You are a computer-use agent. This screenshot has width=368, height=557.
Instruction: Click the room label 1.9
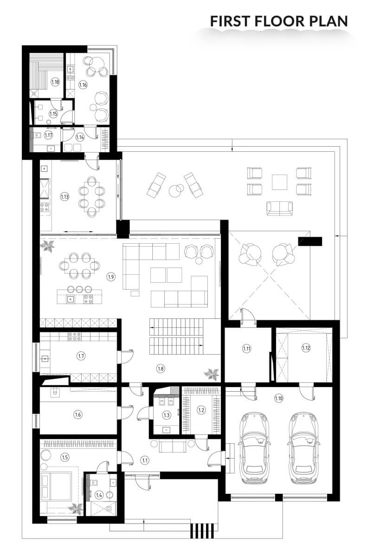111,277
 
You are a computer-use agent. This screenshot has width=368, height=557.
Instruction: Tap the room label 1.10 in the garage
278,398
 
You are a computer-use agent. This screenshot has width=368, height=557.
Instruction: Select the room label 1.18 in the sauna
55,82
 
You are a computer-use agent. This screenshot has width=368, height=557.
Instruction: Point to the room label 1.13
65,197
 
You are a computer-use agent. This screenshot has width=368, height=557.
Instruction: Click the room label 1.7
81,356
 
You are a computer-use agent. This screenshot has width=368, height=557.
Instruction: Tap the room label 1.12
306,347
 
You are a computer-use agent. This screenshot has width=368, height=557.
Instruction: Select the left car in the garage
255,448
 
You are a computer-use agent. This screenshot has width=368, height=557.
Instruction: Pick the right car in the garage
303,448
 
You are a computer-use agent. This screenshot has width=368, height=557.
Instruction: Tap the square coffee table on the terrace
279,182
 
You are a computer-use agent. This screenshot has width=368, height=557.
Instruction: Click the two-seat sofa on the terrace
279,208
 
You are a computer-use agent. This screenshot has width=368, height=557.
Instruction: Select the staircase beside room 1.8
176,337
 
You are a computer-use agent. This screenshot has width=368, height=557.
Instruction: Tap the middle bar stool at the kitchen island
79,289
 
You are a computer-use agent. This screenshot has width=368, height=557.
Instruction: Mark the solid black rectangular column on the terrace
310,241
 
